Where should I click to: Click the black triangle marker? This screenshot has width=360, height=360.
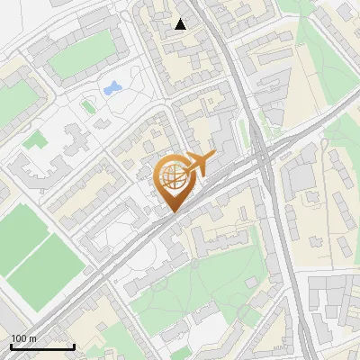tap(181, 24)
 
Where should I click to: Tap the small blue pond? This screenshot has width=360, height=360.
tap(113, 88)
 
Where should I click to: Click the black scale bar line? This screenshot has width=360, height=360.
tap(42, 346)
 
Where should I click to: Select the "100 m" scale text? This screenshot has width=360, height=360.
tap(24, 338)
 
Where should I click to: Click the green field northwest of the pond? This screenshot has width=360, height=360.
tap(80, 56)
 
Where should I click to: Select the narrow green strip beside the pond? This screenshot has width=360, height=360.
tap(88, 106)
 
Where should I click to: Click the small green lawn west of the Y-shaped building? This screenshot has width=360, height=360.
tap(35, 140)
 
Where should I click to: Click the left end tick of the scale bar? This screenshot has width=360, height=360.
tap(11, 346)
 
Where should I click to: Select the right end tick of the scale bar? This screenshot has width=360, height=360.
tap(74, 346)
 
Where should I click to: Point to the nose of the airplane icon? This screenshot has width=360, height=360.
tap(214, 157)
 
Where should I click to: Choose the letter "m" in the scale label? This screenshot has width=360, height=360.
tap(34, 338)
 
